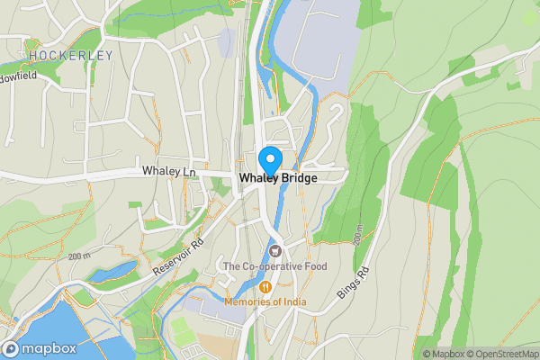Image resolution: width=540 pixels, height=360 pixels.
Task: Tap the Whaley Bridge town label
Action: [277, 179]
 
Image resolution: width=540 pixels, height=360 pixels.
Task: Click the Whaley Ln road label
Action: [168, 171]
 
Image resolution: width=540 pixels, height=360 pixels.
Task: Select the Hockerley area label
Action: [70, 55]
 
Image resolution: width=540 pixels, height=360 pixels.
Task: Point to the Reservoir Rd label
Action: [179, 251]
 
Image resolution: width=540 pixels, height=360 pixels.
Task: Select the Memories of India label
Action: [265, 302]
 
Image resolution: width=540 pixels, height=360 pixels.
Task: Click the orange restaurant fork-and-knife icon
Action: [265, 286]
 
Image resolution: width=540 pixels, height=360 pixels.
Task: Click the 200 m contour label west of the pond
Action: [79, 256]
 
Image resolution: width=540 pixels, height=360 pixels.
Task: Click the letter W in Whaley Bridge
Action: [245, 179]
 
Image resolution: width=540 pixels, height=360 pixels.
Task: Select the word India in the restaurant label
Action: [292, 302]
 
